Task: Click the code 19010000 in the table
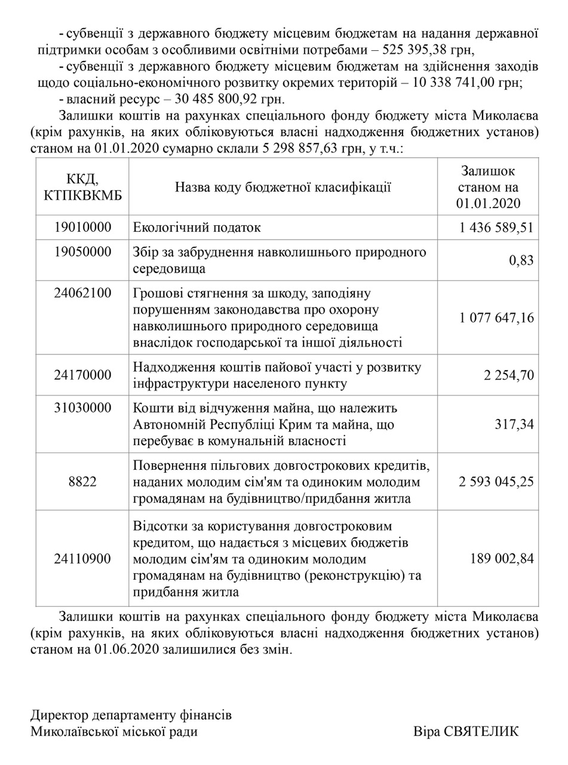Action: click(x=82, y=228)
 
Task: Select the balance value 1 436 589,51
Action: click(x=497, y=228)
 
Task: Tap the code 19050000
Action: click(x=82, y=252)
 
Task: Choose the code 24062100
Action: click(x=82, y=293)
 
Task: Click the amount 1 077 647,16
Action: click(x=497, y=317)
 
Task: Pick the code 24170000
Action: click(x=82, y=375)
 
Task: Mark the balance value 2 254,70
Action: click(x=509, y=375)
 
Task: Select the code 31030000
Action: click(x=82, y=408)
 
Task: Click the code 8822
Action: click(x=82, y=482)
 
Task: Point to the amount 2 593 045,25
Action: click(x=497, y=482)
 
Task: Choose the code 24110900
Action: click(x=82, y=559)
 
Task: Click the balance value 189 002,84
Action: click(x=502, y=559)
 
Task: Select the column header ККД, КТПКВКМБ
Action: click(x=82, y=186)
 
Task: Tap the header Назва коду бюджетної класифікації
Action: click(x=283, y=187)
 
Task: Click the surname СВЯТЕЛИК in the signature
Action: click(x=481, y=732)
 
